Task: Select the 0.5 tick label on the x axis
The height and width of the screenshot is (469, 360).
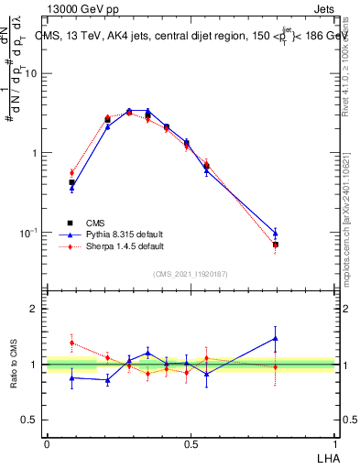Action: click(x=191, y=442)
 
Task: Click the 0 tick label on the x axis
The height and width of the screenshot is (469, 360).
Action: click(x=47, y=442)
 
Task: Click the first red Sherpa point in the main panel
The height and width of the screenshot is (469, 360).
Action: click(x=71, y=172)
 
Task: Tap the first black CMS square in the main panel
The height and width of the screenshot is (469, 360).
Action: click(x=71, y=182)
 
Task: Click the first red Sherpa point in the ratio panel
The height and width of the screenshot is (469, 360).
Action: click(x=71, y=343)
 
